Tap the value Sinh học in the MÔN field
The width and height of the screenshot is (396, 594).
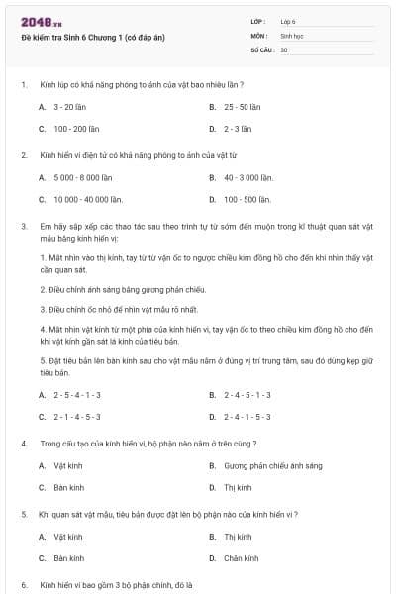[290, 34]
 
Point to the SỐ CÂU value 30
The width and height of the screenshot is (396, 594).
[284, 49]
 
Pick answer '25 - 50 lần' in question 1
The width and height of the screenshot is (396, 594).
[242, 106]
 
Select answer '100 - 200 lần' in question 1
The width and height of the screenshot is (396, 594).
[77, 129]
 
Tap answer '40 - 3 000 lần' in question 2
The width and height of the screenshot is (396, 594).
[247, 177]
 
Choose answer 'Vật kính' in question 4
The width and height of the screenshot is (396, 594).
[68, 464]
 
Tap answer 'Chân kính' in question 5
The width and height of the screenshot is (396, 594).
[241, 558]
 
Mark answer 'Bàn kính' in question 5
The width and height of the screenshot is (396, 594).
[68, 558]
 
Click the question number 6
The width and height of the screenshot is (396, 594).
[24, 585]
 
